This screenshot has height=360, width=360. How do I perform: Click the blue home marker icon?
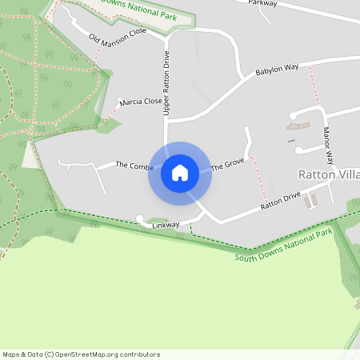click(x=180, y=173)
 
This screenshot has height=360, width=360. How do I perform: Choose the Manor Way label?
click(x=327, y=141)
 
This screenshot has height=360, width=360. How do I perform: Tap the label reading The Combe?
click(x=134, y=166)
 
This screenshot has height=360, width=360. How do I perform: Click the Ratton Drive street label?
click(x=280, y=201)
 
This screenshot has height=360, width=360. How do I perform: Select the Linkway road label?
click(x=166, y=226)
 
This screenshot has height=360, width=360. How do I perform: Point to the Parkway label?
click(x=262, y=3)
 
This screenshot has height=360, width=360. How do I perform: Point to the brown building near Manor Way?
click(x=298, y=126)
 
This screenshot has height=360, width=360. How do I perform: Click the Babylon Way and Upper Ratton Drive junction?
click(x=168, y=121)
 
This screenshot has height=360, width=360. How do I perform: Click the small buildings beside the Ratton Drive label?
click(x=311, y=199)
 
